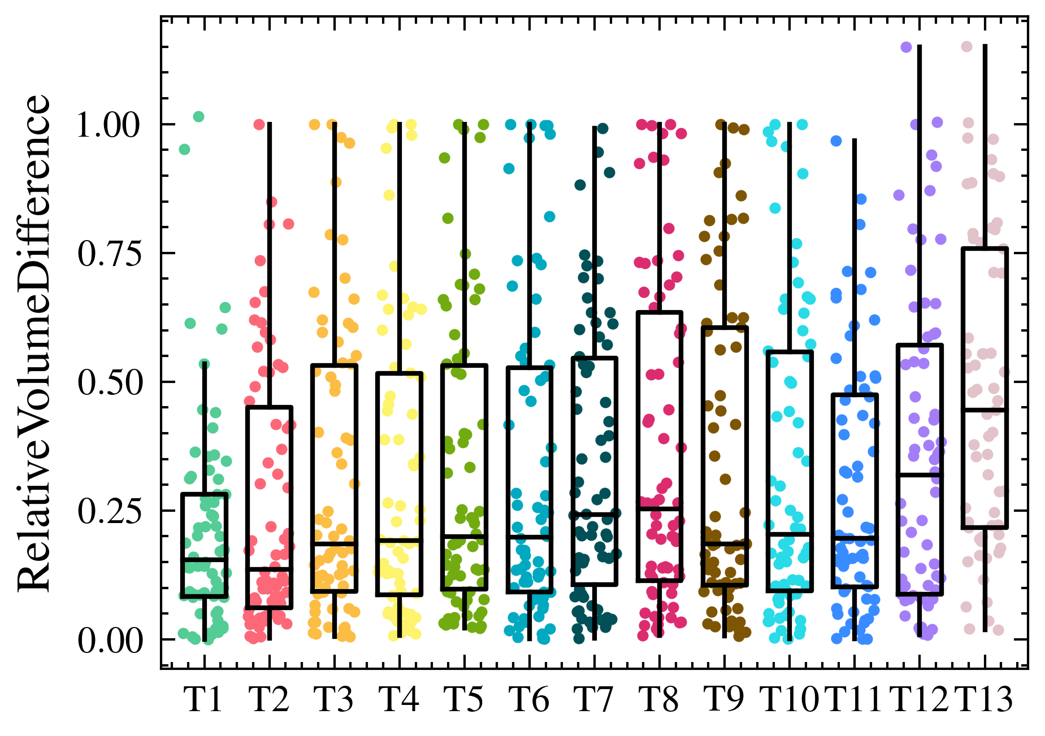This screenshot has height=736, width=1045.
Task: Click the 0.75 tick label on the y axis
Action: tap(108, 254)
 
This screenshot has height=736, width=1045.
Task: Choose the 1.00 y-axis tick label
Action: tap(108, 125)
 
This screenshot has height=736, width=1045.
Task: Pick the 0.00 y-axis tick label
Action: tap(108, 641)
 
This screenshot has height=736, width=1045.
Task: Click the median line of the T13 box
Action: tap(985, 409)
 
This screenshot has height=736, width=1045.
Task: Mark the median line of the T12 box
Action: tap(920, 474)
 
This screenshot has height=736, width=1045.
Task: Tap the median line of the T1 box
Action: tap(204, 559)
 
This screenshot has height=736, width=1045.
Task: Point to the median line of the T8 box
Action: tap(660, 508)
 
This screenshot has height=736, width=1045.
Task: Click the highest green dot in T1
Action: tap(198, 117)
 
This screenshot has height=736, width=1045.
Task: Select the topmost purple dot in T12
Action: tap(906, 47)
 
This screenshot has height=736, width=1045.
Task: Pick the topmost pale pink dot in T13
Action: tap(967, 47)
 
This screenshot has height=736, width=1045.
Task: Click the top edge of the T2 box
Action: tap(269, 407)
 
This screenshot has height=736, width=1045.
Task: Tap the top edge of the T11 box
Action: tap(855, 394)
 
